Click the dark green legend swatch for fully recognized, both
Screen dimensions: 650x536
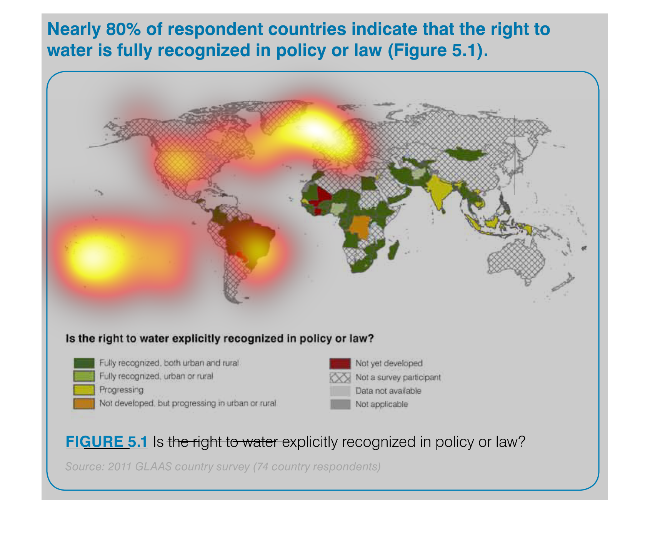(x=84, y=363)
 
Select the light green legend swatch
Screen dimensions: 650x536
(x=84, y=376)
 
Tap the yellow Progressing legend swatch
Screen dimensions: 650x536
(x=84, y=390)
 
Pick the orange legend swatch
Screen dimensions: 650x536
(x=84, y=403)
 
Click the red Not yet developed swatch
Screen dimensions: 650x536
(x=340, y=363)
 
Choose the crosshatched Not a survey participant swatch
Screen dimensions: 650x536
(x=340, y=378)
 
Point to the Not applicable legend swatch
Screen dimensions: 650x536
(x=340, y=404)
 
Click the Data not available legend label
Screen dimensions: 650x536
(x=388, y=391)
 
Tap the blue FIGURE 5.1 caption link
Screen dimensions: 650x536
(x=107, y=442)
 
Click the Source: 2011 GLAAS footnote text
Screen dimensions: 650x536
(x=223, y=467)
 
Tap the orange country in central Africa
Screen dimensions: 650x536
(x=359, y=227)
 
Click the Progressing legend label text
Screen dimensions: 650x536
(x=122, y=390)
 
